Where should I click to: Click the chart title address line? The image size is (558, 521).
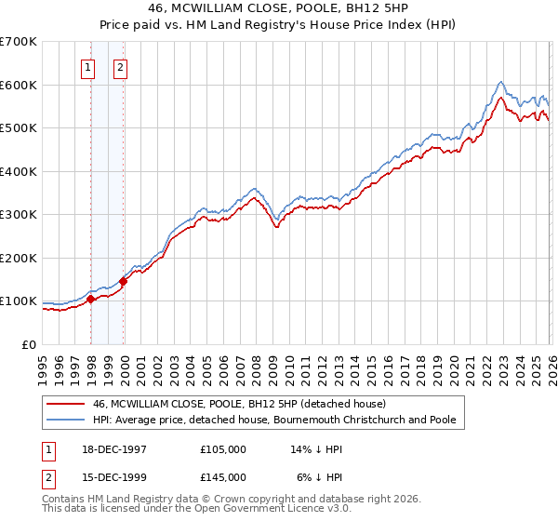click(x=279, y=8)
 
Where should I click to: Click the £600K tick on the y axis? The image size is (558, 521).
click(x=18, y=85)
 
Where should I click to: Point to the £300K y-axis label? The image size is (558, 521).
click(x=18, y=215)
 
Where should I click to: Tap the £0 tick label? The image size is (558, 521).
click(x=30, y=345)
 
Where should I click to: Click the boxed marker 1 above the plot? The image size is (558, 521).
click(x=88, y=66)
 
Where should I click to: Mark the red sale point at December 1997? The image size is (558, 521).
click(x=91, y=300)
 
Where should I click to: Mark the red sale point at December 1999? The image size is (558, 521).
click(x=124, y=282)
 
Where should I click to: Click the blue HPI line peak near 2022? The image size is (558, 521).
click(x=500, y=82)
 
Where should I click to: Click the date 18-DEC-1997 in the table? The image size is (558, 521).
click(x=113, y=449)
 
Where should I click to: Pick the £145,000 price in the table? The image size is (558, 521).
click(x=223, y=476)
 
